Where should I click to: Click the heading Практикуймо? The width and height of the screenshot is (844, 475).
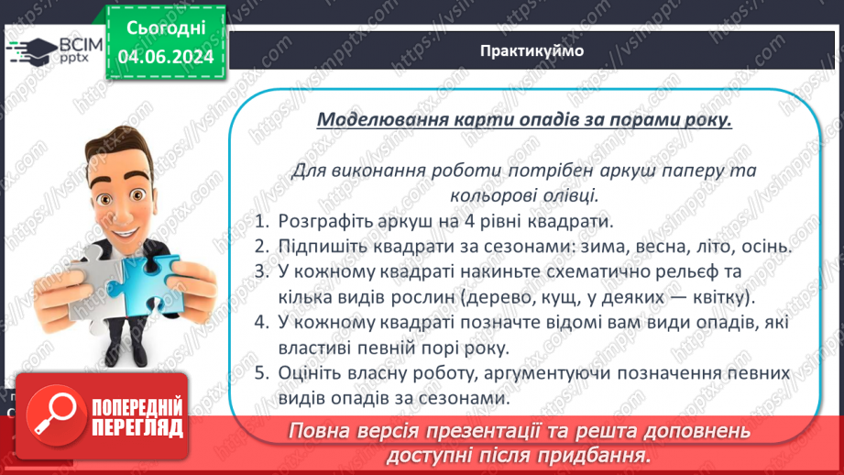(531, 51)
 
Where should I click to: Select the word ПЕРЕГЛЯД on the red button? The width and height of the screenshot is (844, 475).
(137, 428)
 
